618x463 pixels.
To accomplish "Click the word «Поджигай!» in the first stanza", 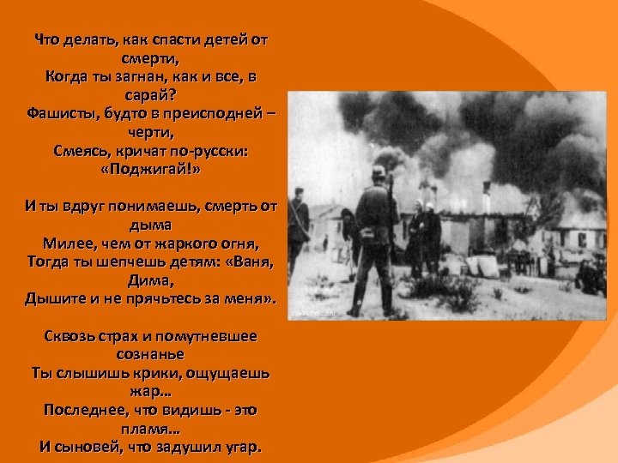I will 150,170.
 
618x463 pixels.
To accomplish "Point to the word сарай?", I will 150,95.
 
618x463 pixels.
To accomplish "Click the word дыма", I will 150,225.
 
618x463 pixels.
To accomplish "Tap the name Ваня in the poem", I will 253,262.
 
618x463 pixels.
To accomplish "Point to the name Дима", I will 150,281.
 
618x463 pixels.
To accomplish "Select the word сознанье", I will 150,353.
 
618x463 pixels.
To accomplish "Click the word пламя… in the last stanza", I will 150,428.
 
